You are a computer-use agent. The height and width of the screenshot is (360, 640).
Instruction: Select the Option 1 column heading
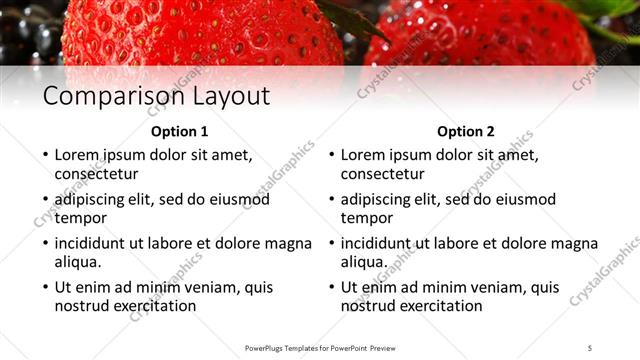pos(180,131)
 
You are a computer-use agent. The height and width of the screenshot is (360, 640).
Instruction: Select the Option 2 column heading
pos(466,131)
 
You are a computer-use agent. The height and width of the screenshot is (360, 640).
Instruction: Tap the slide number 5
pos(591,348)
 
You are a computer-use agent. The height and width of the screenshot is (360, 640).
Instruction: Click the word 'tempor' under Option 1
pos(81,218)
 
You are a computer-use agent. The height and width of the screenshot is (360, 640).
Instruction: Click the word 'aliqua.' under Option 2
pos(364,262)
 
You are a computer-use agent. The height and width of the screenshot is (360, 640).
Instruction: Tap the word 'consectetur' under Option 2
pos(382,174)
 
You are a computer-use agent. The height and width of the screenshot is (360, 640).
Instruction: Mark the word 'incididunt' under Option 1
pos(93,243)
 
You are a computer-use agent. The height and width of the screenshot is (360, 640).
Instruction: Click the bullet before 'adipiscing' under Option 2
pos(331,200)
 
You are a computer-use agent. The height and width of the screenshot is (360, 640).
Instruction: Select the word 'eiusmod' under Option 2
pos(526,199)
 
